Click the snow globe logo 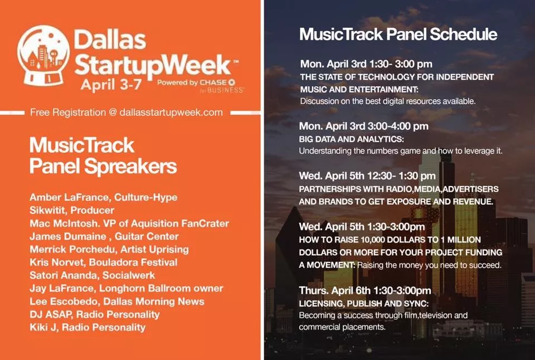click(x=43, y=56)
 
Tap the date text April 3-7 click(x=111, y=84)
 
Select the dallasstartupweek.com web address click(x=171, y=113)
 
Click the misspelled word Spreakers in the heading click(x=130, y=167)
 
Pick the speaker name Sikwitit click(x=48, y=210)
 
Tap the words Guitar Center click(x=147, y=236)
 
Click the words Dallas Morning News click(x=154, y=301)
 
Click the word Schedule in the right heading click(x=463, y=34)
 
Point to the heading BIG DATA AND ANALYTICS click(x=351, y=139)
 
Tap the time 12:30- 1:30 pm click(x=402, y=176)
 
